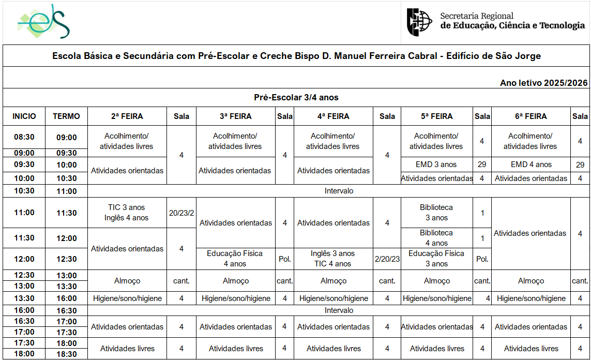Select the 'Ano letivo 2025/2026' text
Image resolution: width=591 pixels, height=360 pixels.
tap(543, 83)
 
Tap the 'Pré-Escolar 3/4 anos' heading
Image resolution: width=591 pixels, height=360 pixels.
tap(296, 97)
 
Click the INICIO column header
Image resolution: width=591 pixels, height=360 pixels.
tap(24, 116)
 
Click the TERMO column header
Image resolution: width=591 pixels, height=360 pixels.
tap(66, 116)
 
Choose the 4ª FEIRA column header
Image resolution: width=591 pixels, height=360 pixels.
tap(333, 116)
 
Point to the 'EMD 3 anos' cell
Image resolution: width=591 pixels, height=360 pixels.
tap(436, 164)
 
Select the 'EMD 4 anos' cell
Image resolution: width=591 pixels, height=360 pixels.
tap(531, 164)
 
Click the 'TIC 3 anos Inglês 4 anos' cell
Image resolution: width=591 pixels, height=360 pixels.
tap(127, 213)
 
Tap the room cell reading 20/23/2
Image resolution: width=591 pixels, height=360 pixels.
tap(181, 213)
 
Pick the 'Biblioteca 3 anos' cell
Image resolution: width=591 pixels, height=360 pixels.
tap(436, 213)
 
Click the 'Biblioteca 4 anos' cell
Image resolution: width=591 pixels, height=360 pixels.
tap(436, 238)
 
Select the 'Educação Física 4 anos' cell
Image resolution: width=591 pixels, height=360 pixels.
tap(235, 259)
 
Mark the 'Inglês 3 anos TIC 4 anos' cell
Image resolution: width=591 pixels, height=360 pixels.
tap(333, 259)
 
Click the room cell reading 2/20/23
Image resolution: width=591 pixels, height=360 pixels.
tap(387, 259)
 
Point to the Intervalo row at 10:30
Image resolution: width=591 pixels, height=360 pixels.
tap(339, 191)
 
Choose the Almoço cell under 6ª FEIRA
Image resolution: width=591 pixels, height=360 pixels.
tap(531, 281)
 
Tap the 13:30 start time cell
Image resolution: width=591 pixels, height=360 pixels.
tap(24, 298)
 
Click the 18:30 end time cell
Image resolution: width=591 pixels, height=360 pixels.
tap(66, 354)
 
